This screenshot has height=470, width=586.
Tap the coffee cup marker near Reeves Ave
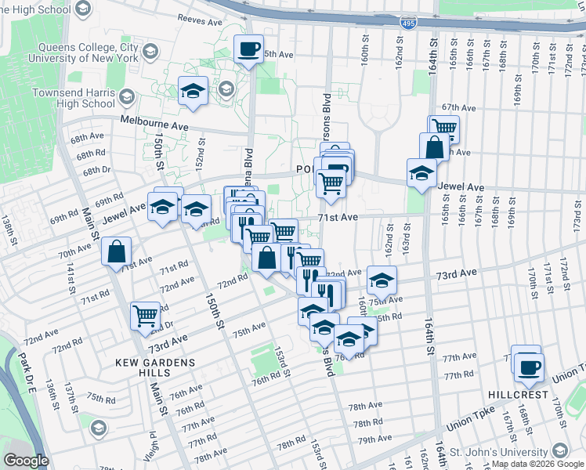click(x=249, y=50)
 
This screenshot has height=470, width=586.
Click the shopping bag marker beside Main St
click(x=116, y=252)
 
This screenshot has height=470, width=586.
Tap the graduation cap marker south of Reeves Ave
click(x=193, y=92)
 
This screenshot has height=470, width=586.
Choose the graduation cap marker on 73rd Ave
click(x=382, y=280)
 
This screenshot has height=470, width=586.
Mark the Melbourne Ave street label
click(x=154, y=124)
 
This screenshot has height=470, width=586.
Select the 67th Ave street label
click(x=458, y=107)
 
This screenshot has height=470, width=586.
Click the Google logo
click(x=27, y=461)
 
